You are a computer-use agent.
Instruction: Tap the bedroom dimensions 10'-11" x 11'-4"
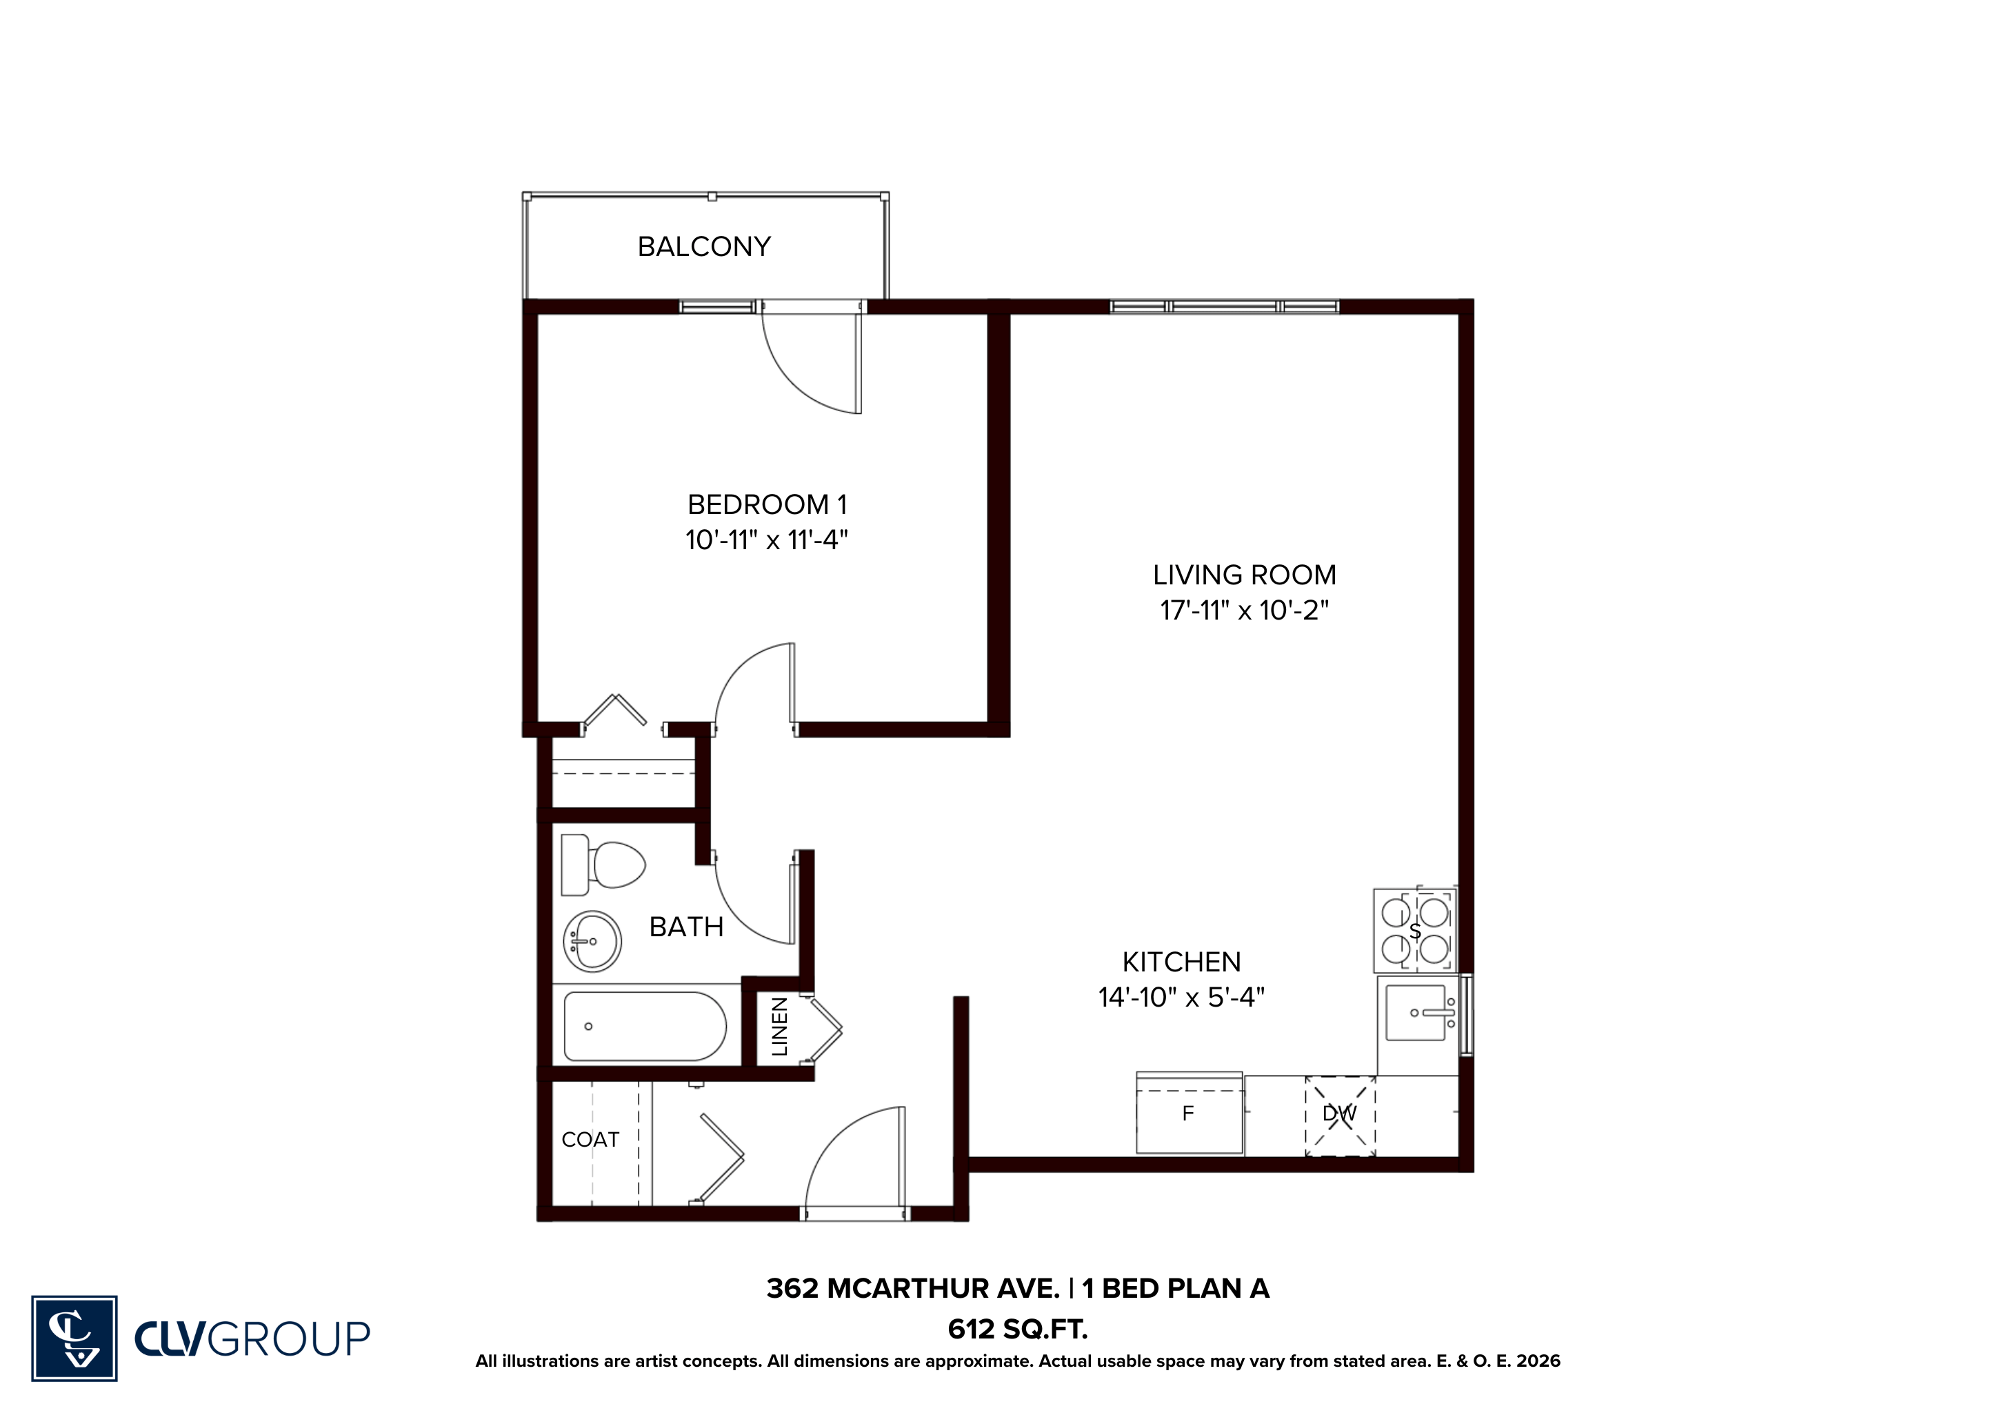pos(766,540)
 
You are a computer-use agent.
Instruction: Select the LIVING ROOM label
pos(1244,575)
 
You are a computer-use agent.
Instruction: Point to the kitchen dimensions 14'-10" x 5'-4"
pos(1181,997)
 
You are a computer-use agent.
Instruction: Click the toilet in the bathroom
pos(603,865)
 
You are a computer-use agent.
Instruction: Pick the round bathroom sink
pos(592,941)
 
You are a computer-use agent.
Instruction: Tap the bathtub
pos(645,1027)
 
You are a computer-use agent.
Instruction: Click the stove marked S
pos(1414,929)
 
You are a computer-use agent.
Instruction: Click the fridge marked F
pos(1189,1113)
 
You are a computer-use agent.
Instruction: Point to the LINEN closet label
pos(779,1027)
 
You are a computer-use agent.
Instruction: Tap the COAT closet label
pos(590,1140)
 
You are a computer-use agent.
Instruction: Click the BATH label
pos(686,927)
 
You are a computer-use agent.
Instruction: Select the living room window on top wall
pos(1224,306)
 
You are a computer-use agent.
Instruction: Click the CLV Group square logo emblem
pos(74,1338)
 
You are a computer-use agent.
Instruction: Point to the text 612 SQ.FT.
pos(1018,1330)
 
